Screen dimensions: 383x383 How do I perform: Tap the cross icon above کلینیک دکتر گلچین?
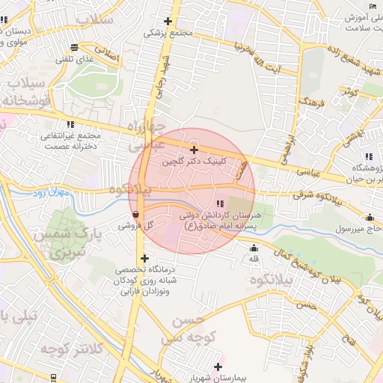(194, 150)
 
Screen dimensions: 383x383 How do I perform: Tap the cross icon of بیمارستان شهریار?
(218, 367)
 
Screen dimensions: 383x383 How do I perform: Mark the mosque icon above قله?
(254, 248)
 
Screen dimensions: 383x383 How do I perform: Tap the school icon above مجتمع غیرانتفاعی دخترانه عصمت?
(70, 124)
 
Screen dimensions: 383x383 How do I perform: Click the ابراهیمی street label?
(288, 142)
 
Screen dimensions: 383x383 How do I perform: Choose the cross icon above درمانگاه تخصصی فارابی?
(144, 258)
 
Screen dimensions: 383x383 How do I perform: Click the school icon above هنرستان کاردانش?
(219, 203)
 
